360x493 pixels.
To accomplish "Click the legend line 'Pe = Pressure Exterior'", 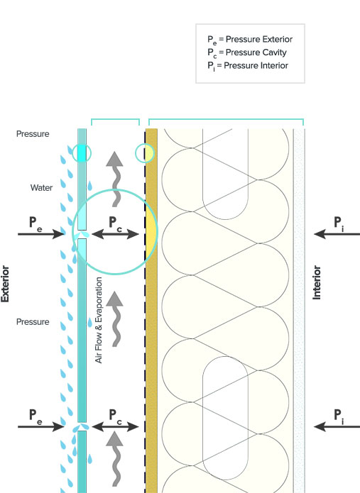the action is (x=250, y=40).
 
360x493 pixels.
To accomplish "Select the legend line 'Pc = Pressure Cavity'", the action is (x=247, y=52).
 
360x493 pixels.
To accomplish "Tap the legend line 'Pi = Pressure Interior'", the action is (x=248, y=66).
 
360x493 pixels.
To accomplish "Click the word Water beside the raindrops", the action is (x=41, y=188).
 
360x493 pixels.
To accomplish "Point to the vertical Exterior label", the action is (x=5, y=284).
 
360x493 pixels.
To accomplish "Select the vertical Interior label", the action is (x=317, y=282).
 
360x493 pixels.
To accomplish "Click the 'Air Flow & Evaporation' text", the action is (x=99, y=320).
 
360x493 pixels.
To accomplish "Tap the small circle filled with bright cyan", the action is (x=82, y=153).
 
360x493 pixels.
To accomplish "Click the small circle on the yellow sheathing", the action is (x=145, y=153).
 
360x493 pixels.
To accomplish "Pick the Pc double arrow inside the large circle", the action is (x=115, y=234).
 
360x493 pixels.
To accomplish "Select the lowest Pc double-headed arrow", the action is (x=115, y=426).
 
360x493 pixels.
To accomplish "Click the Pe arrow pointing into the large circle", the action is (x=41, y=234).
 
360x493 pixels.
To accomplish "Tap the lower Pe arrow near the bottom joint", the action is (x=41, y=426).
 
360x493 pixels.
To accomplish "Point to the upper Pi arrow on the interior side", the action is (x=337, y=234).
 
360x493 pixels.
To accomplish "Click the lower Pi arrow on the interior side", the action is (x=337, y=426).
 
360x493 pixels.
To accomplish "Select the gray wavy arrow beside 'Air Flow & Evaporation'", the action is (x=115, y=318).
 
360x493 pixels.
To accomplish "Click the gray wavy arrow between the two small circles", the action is (x=115, y=179).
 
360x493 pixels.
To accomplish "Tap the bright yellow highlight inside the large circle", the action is (x=151, y=232).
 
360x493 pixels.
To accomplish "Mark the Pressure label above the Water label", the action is (x=33, y=134).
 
